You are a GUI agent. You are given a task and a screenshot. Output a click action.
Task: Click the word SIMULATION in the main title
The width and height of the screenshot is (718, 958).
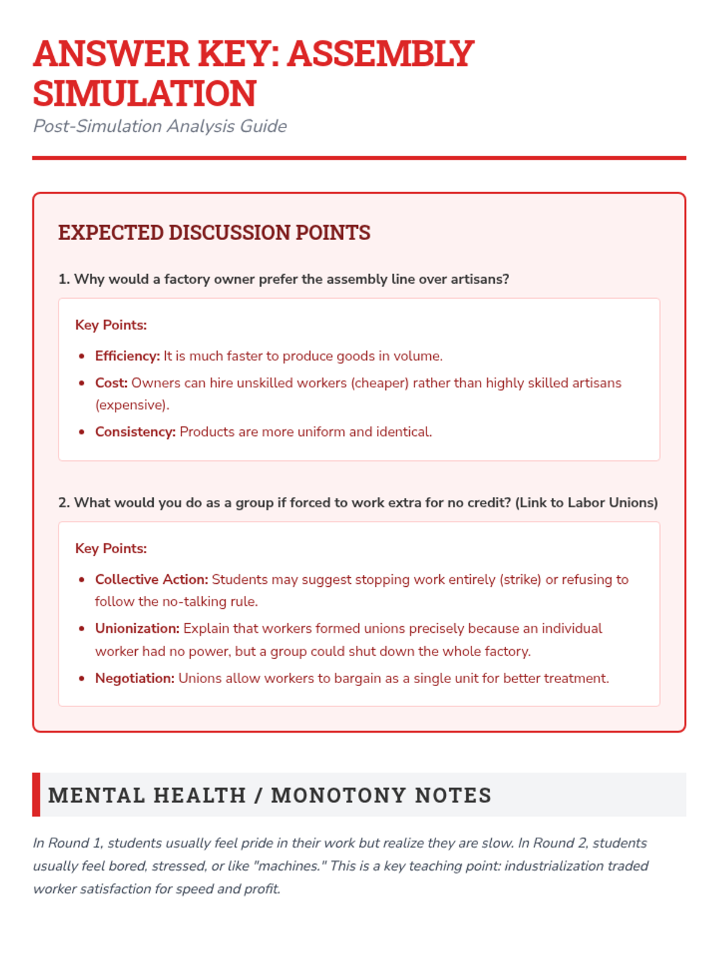tap(144, 93)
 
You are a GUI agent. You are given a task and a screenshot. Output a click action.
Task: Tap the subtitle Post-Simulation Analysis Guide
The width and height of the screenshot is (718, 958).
tap(160, 126)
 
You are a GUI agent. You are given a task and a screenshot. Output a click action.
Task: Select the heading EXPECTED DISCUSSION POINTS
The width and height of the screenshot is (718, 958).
tap(214, 232)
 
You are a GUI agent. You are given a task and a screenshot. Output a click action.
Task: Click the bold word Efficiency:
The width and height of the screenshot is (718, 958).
tap(127, 356)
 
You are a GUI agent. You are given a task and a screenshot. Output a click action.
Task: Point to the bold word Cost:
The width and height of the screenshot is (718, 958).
tap(111, 383)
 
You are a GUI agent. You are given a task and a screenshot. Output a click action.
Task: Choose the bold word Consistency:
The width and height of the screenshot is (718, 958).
tap(135, 432)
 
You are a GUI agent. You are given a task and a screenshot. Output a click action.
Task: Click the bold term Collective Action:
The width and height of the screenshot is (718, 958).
tap(151, 580)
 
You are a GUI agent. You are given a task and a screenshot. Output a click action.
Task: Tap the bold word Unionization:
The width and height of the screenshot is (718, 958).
tap(137, 629)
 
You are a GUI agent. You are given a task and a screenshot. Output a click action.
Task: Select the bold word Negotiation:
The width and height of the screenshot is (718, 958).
tap(135, 678)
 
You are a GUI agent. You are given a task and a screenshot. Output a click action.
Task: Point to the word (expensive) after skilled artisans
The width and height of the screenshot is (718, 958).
tap(131, 405)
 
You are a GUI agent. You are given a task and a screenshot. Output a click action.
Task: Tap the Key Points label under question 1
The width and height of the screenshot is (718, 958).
tap(111, 325)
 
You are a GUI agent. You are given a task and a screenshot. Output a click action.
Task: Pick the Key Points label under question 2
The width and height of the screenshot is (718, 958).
tap(111, 548)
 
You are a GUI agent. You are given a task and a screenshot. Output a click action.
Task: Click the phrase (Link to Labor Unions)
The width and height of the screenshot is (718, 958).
tap(586, 502)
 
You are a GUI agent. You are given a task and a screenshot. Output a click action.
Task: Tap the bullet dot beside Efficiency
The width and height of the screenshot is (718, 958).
tap(82, 357)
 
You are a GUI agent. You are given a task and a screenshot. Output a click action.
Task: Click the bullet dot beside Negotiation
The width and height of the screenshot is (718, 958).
tap(82, 679)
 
